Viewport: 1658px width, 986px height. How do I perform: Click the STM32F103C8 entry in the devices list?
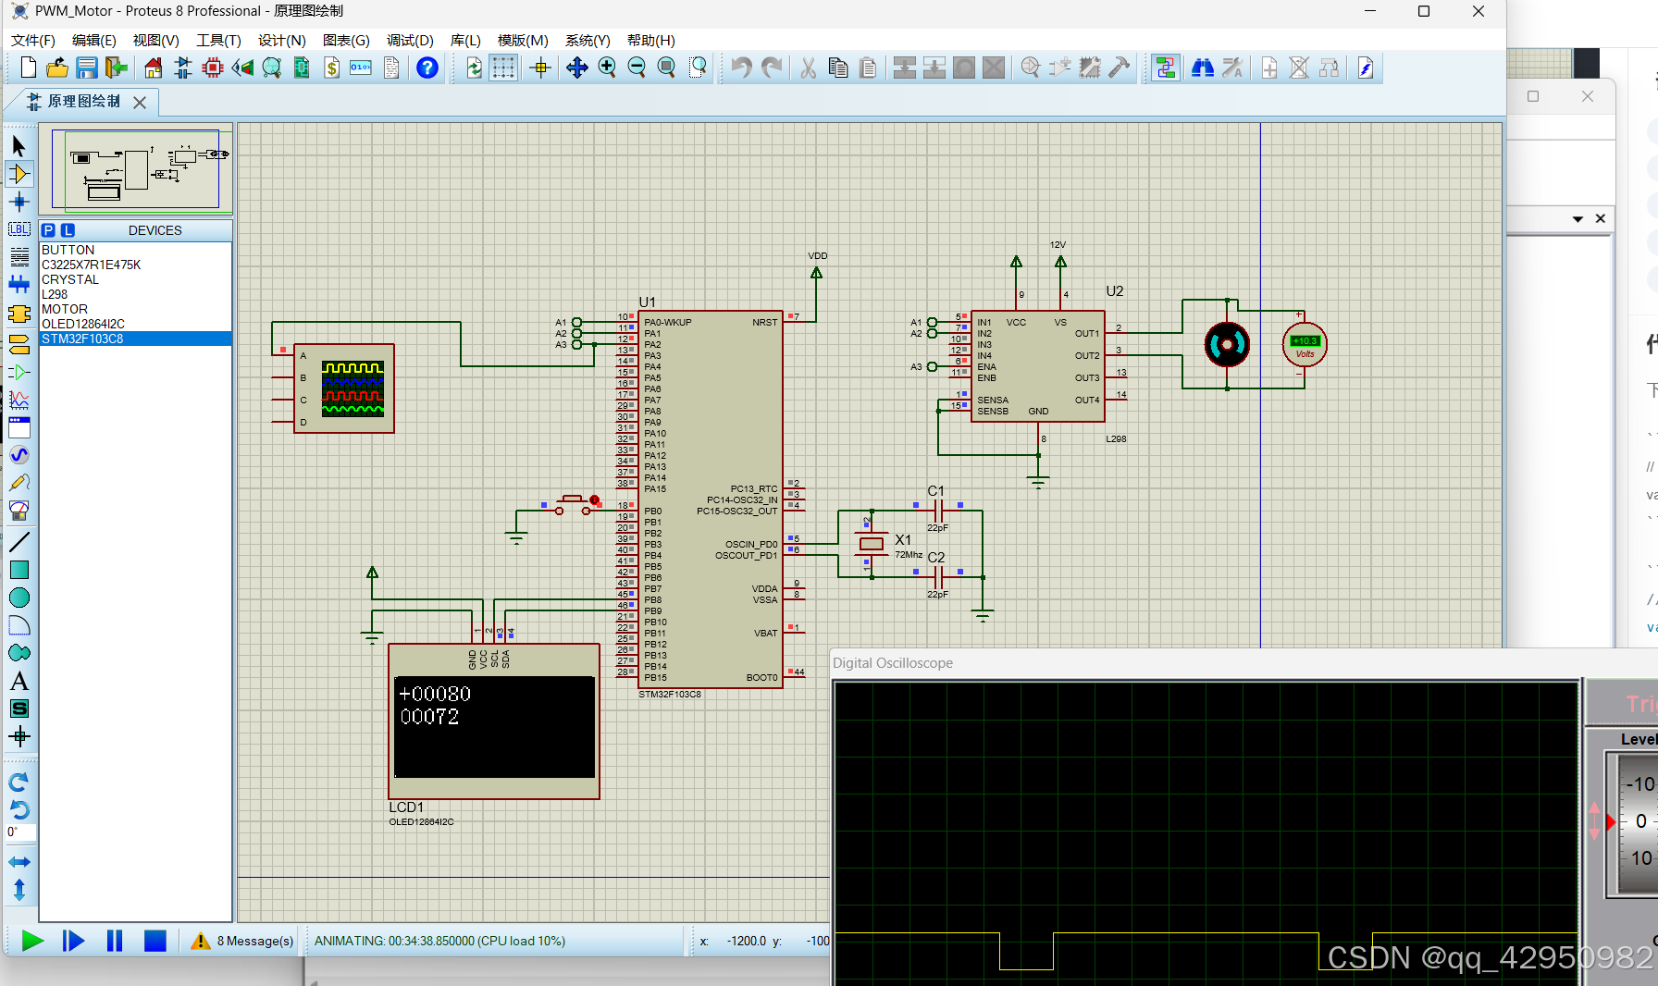[x=82, y=339]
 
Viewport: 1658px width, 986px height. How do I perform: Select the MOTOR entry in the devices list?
[x=65, y=309]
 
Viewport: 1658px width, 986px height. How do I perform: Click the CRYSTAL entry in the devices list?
[x=70, y=279]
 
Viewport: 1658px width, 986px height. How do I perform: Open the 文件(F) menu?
[x=33, y=41]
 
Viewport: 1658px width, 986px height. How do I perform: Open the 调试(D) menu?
[x=410, y=41]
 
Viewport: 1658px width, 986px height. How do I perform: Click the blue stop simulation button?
[x=155, y=941]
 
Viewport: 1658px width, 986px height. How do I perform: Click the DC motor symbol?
[x=1227, y=345]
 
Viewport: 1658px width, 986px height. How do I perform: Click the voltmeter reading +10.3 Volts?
[x=1305, y=345]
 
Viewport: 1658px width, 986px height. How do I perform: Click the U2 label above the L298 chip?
[x=1115, y=291]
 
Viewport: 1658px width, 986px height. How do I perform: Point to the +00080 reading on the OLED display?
[x=435, y=694]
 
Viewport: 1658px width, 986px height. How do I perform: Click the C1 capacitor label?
[x=936, y=491]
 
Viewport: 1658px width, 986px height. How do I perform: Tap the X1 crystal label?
[x=903, y=539]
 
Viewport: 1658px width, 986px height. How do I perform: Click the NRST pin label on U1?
[x=764, y=323]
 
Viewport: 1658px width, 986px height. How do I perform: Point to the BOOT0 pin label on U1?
[x=761, y=678]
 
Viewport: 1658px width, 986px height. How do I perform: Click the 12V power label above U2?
[x=1058, y=245]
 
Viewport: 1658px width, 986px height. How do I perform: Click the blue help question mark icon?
[x=427, y=68]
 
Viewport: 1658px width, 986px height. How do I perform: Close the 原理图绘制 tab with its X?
[x=140, y=103]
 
